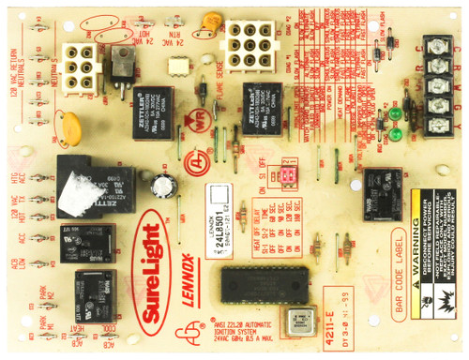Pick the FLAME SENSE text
[222, 90]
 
